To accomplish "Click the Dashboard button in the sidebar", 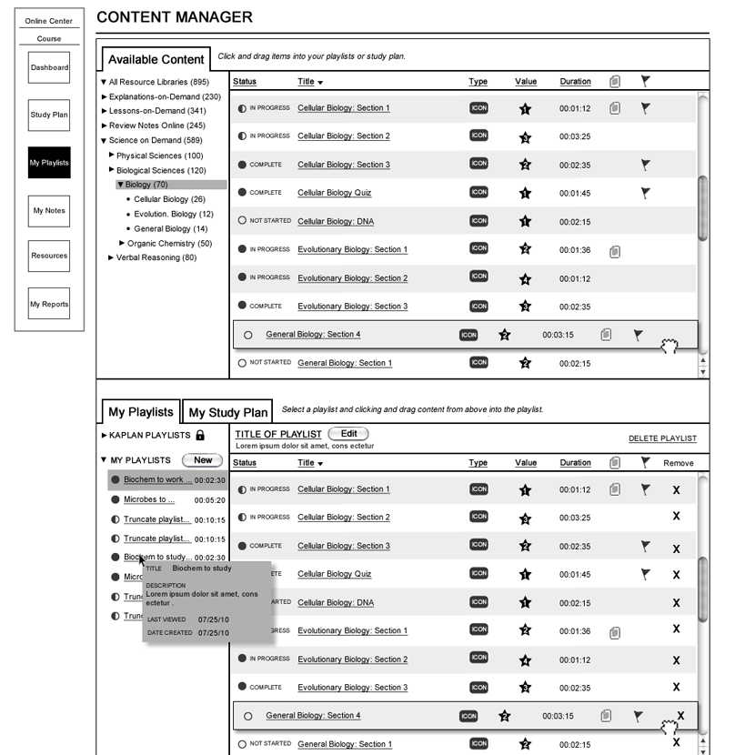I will point(49,67).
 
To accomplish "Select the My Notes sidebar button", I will point(49,210).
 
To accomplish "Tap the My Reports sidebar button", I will point(49,305).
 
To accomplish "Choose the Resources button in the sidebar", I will point(49,256).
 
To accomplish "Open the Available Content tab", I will point(156,60).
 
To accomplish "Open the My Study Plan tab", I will point(227,413).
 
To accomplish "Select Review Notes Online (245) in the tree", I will point(157,126).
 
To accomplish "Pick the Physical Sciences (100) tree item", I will point(159,156).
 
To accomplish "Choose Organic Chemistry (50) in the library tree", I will point(169,243).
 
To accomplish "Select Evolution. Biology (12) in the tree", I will point(173,214).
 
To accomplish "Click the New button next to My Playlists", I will point(203,460).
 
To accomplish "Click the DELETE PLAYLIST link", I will point(662,438).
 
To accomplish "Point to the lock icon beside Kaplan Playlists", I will point(200,436).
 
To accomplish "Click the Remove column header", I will point(678,463).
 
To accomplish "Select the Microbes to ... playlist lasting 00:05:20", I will point(149,499).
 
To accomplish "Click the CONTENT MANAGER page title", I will point(175,17).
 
